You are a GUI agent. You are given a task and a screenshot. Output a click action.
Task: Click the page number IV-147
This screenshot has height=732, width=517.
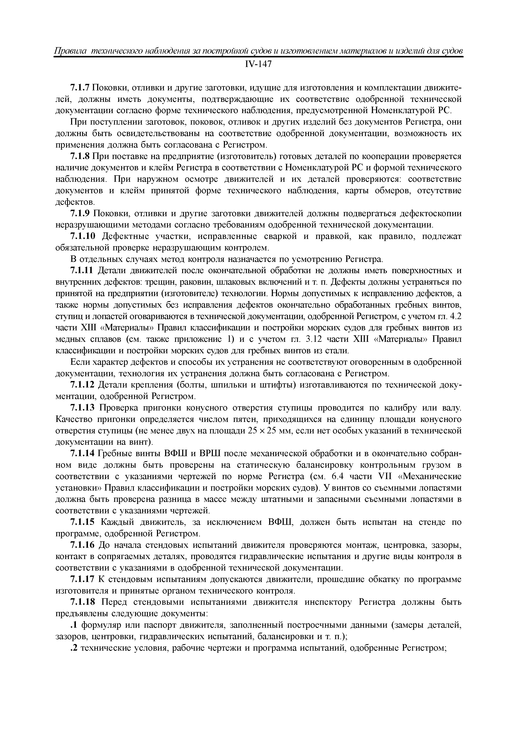[x=258, y=64]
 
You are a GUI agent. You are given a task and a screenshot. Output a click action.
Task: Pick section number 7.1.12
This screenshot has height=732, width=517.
[x=83, y=385]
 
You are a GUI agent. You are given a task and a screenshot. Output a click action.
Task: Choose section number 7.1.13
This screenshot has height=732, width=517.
[x=83, y=408]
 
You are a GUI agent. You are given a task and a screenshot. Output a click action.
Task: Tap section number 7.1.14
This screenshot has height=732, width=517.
[x=83, y=454]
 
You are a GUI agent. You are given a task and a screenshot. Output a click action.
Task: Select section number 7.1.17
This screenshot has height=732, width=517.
[x=83, y=579]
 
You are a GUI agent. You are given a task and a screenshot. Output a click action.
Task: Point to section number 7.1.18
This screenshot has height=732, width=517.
[x=83, y=602]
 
